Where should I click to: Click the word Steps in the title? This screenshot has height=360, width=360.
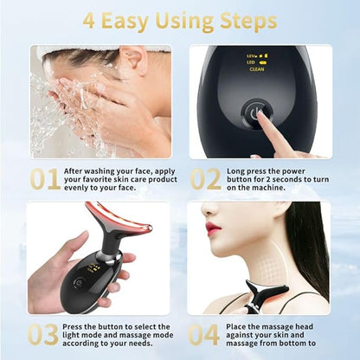247,22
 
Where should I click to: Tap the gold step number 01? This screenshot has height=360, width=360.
46,179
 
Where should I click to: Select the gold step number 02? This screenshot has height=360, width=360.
206,179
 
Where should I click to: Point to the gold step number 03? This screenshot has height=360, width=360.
43,335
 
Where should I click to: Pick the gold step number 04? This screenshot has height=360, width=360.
203,335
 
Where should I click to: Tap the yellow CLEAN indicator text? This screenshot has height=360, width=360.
257,69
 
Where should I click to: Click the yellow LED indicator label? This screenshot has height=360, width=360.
250,62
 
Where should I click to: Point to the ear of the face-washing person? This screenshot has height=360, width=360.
134,58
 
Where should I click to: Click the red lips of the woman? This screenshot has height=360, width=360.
213,228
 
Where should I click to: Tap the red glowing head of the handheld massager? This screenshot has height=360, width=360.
118,219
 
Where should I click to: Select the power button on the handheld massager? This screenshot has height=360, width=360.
79,283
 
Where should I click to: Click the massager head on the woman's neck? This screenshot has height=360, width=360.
267,289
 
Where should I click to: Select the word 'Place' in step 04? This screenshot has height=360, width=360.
235,327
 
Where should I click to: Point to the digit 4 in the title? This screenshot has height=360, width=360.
89,21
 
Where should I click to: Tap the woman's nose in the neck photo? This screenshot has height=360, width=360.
206,211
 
